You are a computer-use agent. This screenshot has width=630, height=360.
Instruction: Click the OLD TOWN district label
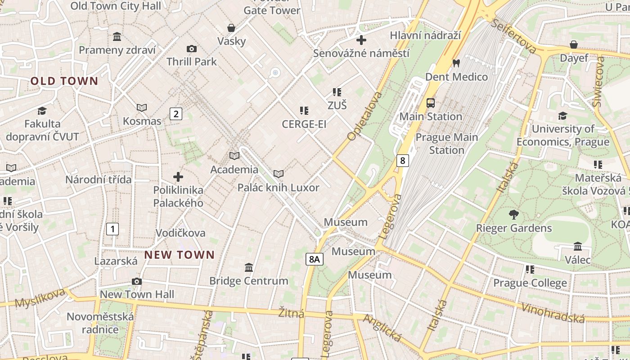coord(64,81)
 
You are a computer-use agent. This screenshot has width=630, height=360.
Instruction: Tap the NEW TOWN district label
coord(180,255)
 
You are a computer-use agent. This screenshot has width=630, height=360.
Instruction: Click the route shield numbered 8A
coord(315,259)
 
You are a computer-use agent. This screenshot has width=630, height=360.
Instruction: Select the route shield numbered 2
coord(176,114)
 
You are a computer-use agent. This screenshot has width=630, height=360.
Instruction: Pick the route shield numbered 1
coord(112,229)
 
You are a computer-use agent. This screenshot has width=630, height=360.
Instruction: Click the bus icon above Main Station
coord(431,103)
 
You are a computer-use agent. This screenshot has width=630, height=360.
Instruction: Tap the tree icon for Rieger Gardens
coord(513,214)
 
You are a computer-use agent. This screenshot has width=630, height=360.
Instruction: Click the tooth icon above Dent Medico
coord(456,63)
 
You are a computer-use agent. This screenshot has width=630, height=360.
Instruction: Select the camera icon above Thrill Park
coord(191,49)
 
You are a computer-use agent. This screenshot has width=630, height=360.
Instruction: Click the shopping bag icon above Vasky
coord(231,28)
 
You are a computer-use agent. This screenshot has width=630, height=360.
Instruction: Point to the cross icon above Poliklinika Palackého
coord(178,177)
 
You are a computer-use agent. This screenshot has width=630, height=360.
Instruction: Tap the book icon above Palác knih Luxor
coord(279,174)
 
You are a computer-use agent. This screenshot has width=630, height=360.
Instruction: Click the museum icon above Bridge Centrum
coord(248,268)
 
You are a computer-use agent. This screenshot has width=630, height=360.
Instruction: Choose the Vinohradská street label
coord(553,313)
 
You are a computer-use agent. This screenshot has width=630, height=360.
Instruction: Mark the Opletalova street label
coord(364,116)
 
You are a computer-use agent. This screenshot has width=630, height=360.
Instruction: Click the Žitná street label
coord(291,313)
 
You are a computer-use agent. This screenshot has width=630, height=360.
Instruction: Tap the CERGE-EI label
coord(304,124)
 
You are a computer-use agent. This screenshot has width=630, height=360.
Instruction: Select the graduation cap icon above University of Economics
coord(562,116)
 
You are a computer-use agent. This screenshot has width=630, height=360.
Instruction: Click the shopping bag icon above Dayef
coord(574,45)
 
